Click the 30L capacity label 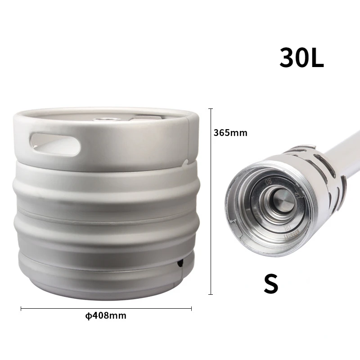pyautogui.click(x=301, y=57)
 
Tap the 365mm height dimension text pyautogui.click(x=230, y=133)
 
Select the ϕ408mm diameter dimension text pyautogui.click(x=106, y=315)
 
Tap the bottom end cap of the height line pyautogui.click(x=211, y=294)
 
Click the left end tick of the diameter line pyautogui.click(x=21, y=309)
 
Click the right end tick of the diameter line pyautogui.click(x=192, y=309)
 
